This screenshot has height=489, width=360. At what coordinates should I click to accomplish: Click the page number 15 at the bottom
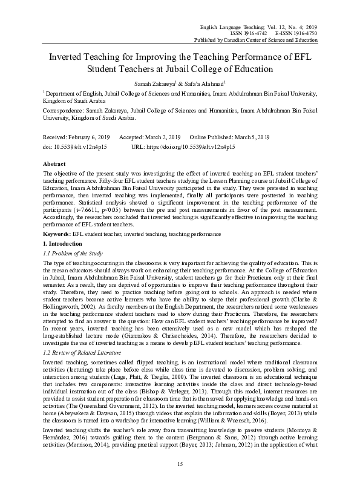pyautogui.click(x=180, y=464)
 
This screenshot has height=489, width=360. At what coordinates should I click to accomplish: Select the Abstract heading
pyautogui.click(x=55, y=164)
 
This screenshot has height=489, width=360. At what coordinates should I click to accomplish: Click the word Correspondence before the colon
pyautogui.click(x=65, y=112)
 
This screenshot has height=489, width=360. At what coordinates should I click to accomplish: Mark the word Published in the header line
pyautogui.click(x=221, y=40)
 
